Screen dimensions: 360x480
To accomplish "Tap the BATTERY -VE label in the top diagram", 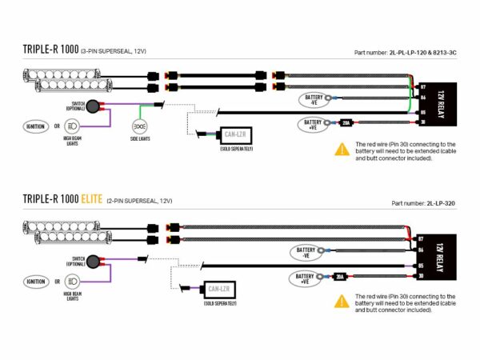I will click(x=311, y=99).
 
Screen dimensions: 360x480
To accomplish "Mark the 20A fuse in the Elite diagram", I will click(x=339, y=277).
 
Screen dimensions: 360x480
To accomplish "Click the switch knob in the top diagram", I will click(x=94, y=106).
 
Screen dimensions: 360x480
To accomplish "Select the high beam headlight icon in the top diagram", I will click(x=71, y=126).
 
